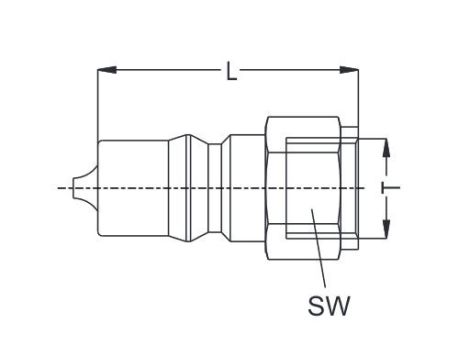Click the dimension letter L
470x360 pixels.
click(232, 71)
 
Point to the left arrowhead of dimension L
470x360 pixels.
click(104, 70)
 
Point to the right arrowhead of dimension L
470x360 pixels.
click(351, 70)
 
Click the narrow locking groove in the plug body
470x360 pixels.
click(212, 187)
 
